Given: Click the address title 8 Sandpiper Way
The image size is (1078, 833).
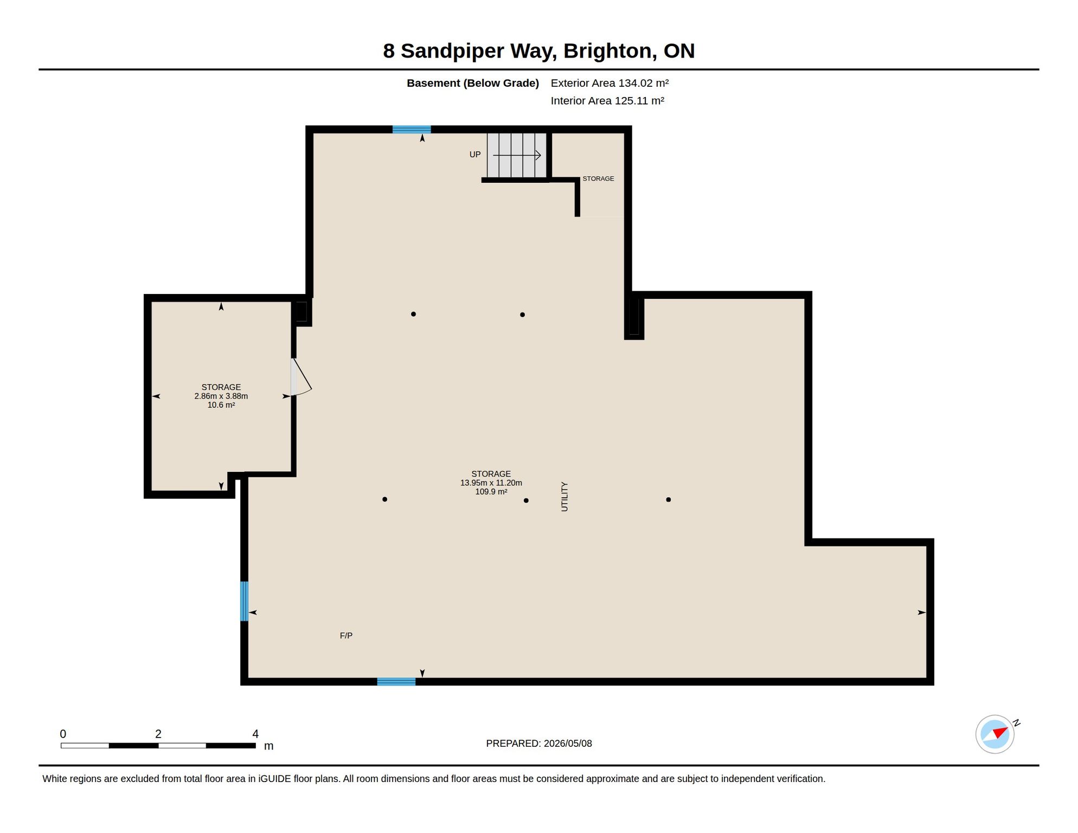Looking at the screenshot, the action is coord(470,51).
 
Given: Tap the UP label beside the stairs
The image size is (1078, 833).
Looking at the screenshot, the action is coord(475,155).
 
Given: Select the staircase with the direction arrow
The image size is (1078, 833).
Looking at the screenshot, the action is coord(517,155).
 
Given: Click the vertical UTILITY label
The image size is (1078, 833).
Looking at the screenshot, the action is coord(564,496).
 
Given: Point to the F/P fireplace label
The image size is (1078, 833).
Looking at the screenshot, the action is coord(346,636).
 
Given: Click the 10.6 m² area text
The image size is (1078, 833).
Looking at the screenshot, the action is coord(221,405).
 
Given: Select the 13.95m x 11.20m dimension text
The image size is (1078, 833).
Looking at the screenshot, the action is coord(491,483).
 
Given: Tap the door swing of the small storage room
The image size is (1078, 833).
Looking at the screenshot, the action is coord(301,377).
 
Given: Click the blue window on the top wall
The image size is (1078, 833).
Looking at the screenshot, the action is coord(412,130).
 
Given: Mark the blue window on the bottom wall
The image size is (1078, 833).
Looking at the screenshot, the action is coord(396,682).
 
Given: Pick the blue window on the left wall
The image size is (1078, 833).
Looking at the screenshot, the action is coord(245,601).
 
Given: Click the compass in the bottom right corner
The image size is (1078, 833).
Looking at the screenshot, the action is coord(995,734).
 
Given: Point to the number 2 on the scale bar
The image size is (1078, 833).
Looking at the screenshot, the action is coord(158,734).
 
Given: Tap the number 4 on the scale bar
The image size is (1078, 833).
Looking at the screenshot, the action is coord(255,734).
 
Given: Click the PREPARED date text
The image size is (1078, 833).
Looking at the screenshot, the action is coord(539,744).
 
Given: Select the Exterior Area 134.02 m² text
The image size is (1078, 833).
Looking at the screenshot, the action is coord(609,83).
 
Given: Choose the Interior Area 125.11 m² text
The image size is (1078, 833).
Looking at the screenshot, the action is coord(607,101).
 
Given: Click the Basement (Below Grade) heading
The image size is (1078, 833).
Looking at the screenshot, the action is coord(473,83).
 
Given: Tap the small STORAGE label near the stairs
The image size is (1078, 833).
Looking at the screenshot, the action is coord(598,178).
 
